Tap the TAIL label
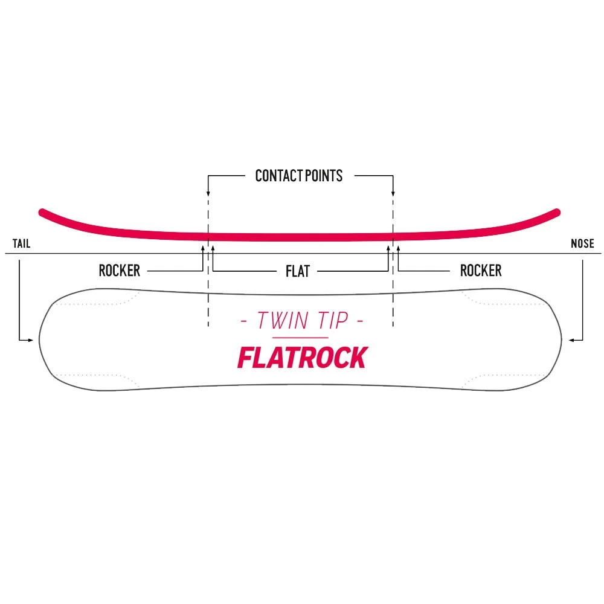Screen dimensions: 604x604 [21, 244]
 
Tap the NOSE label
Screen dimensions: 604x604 [582, 244]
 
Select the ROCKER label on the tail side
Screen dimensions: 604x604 [119, 271]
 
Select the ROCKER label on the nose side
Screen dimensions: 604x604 [481, 271]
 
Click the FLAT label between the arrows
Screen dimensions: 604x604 [298, 271]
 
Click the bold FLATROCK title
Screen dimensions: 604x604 [301, 358]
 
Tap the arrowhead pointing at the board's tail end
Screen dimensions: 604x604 [31, 341]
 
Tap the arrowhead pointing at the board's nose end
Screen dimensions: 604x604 [571, 341]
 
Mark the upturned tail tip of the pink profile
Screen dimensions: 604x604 [42, 211]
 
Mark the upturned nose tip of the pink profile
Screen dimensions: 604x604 [557, 211]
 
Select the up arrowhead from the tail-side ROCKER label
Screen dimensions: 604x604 [202, 247]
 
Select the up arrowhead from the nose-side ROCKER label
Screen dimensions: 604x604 [398, 247]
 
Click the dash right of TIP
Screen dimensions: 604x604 [359, 321]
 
